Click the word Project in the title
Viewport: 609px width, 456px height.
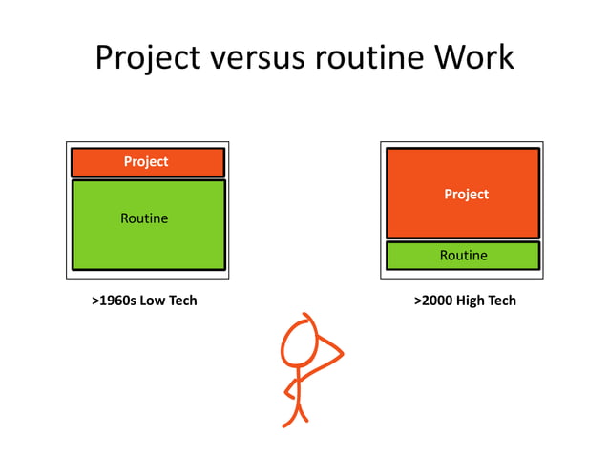point(148,57)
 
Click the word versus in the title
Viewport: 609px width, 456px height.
point(257,57)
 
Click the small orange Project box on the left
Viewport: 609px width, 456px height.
point(191,162)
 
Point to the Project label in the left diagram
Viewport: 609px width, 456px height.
point(146,162)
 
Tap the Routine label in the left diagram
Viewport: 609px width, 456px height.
point(144,218)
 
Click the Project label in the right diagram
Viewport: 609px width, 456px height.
point(466,195)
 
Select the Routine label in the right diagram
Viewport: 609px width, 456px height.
point(463,256)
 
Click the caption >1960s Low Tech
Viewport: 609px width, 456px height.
point(144,301)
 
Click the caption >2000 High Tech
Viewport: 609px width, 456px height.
point(465,301)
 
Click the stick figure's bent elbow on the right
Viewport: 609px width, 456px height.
point(340,355)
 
